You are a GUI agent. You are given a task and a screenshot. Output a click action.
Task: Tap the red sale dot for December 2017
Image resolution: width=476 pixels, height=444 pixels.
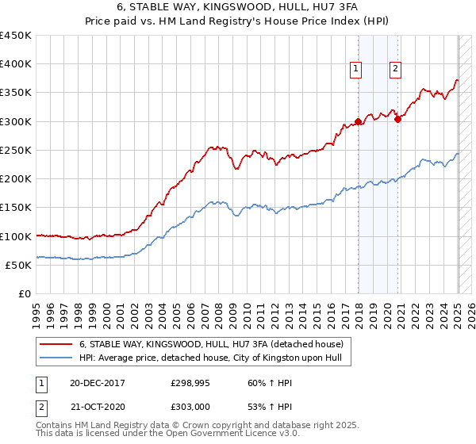(x=358, y=121)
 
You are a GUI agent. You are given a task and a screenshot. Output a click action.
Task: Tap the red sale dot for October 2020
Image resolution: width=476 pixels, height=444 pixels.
(x=398, y=119)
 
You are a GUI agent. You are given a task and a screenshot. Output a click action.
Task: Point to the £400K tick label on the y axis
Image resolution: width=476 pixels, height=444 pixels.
(x=16, y=64)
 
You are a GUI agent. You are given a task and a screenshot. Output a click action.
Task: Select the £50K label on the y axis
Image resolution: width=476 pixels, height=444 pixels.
(x=19, y=265)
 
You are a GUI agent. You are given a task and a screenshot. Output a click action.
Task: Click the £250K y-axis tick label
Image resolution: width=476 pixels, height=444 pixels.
(x=16, y=150)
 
